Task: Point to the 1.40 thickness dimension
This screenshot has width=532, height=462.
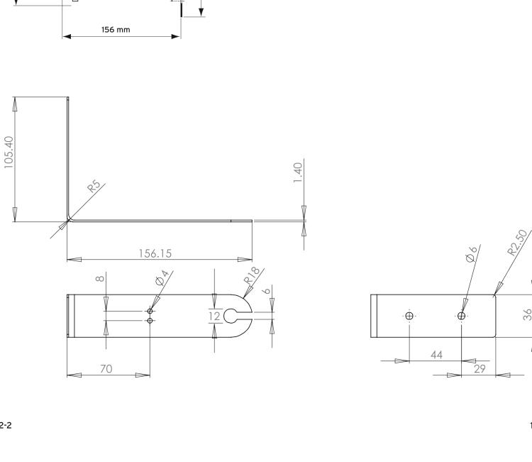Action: pyautogui.click(x=299, y=172)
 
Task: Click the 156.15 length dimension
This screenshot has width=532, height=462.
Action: pyautogui.click(x=159, y=253)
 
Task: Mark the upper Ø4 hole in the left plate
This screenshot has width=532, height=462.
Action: pyautogui.click(x=150, y=311)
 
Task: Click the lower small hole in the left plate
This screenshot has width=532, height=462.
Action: pyautogui.click(x=150, y=321)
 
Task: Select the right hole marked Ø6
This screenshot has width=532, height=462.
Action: pyautogui.click(x=462, y=316)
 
